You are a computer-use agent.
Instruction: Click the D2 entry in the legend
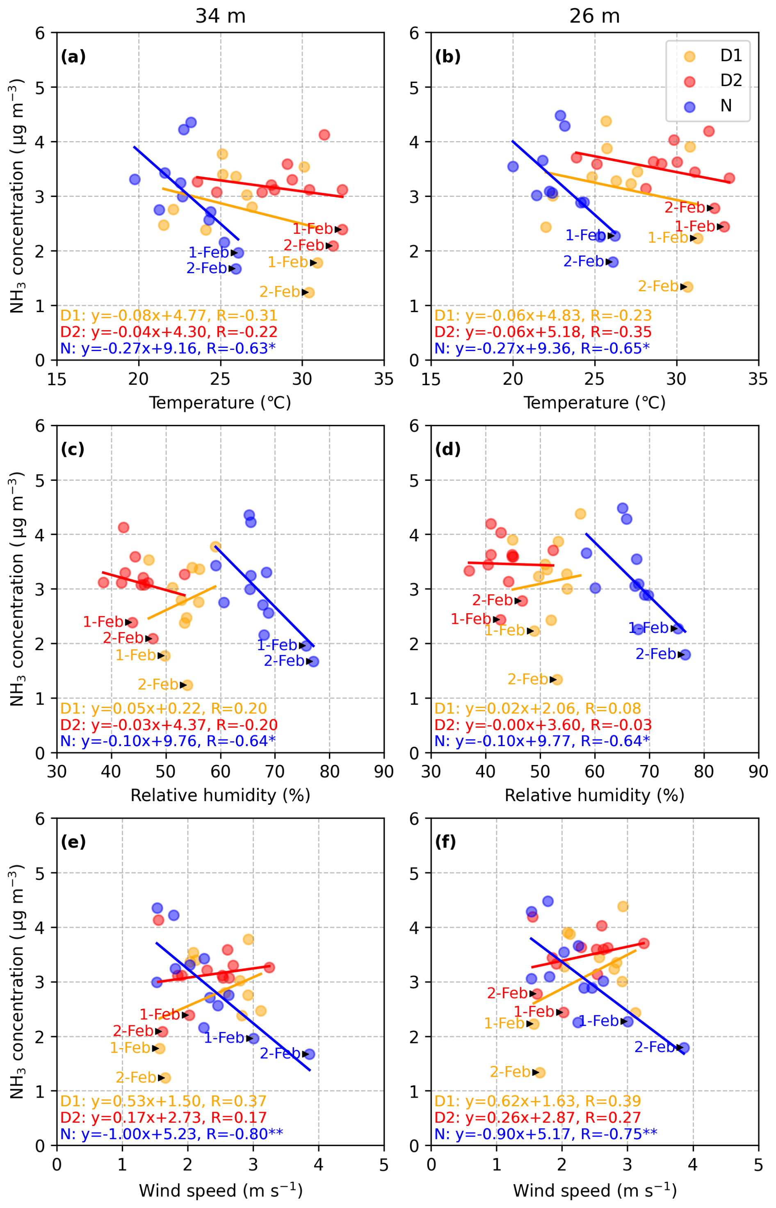click(730, 81)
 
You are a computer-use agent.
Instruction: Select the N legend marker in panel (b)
click(689, 106)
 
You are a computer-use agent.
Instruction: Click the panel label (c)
click(73, 449)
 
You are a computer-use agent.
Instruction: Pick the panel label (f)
click(445, 842)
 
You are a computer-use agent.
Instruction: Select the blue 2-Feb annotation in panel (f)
click(654, 1047)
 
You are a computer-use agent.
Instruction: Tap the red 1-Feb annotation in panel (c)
click(103, 621)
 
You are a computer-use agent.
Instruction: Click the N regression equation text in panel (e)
click(171, 1134)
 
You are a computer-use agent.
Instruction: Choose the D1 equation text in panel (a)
click(169, 315)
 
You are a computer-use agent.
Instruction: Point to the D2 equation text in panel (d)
click(543, 725)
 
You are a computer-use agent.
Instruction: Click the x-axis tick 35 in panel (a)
click(383, 379)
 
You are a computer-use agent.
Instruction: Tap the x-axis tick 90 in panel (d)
click(758, 772)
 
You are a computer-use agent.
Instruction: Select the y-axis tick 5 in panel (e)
click(39, 873)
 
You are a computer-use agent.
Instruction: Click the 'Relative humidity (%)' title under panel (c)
click(220, 795)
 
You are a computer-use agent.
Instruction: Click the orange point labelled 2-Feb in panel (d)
click(556, 679)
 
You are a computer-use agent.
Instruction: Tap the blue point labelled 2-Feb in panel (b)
click(613, 262)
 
